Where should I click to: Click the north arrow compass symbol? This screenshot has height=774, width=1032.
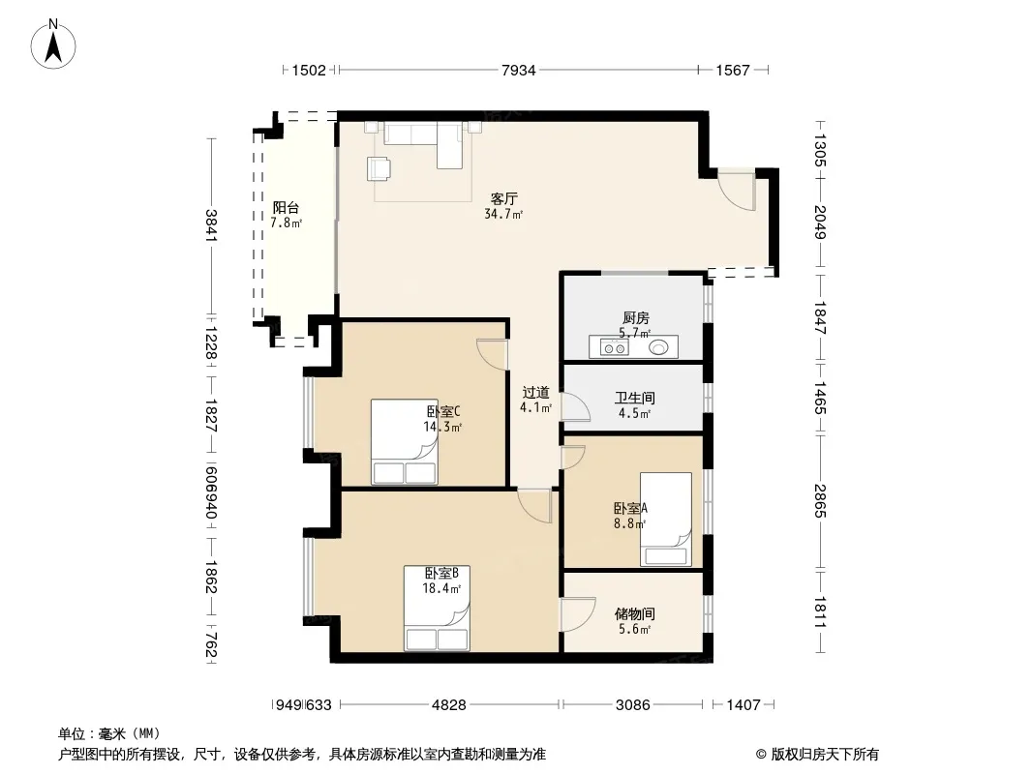point(53,45)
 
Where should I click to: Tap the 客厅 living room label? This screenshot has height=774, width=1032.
point(504,198)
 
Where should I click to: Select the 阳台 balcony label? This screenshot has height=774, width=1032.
point(286,207)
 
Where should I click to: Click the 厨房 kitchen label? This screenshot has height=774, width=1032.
point(636,318)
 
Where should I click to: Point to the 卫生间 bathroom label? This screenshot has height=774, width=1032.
point(634,398)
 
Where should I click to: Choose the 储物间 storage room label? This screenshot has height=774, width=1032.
point(634,614)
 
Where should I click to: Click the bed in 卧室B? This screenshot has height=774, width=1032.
point(437,609)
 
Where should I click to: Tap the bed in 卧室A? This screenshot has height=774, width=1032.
point(666,520)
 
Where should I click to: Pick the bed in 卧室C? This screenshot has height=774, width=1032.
point(404,442)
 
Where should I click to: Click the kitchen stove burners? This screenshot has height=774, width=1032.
point(614,348)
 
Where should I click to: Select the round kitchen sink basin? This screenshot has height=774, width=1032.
point(658,347)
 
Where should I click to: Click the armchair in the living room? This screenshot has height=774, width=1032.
point(379,168)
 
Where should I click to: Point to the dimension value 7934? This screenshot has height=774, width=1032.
point(519,70)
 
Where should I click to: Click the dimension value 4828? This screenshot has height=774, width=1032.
point(449,705)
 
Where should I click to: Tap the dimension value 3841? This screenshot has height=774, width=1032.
point(211,225)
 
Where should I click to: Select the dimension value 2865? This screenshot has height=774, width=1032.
point(819,501)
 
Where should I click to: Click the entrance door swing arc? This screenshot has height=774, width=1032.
point(736,192)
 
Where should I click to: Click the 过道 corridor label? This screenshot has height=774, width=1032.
point(535,393)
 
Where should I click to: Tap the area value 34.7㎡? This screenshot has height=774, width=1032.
point(503,214)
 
